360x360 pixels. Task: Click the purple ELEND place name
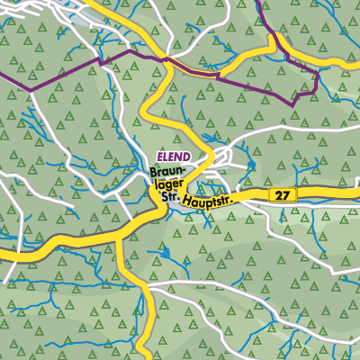click(173, 156)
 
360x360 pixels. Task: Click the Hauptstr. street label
click(206, 201)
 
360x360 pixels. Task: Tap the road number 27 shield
click(283, 194)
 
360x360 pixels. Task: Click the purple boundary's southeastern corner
click(294, 105)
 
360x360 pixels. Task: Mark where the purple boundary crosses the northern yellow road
click(166, 59)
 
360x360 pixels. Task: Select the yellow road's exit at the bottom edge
click(146, 357)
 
